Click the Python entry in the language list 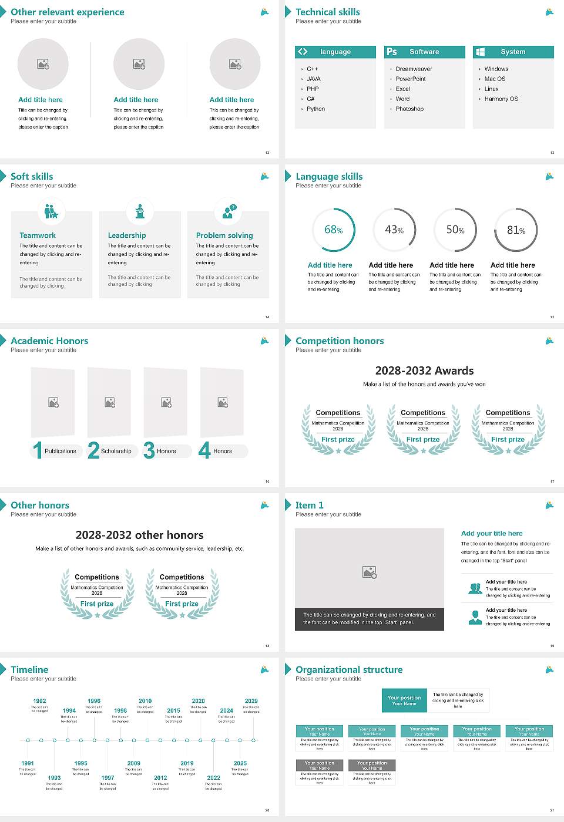point(315,109)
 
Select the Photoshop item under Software point(409,109)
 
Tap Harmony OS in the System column point(501,99)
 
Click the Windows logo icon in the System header point(481,52)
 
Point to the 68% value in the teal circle point(333,230)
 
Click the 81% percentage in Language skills point(516,230)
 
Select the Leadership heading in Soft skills point(127,235)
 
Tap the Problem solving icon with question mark point(228,211)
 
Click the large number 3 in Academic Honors point(149,450)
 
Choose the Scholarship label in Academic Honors point(116,452)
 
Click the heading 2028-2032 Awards point(424,370)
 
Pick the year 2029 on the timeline point(251,701)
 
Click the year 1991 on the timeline point(28,763)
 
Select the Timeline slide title point(29,669)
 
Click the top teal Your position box point(404,700)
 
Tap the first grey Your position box point(320,765)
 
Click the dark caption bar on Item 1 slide point(369,619)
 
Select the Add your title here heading point(492,534)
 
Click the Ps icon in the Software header point(392,52)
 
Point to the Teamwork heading point(38,235)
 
